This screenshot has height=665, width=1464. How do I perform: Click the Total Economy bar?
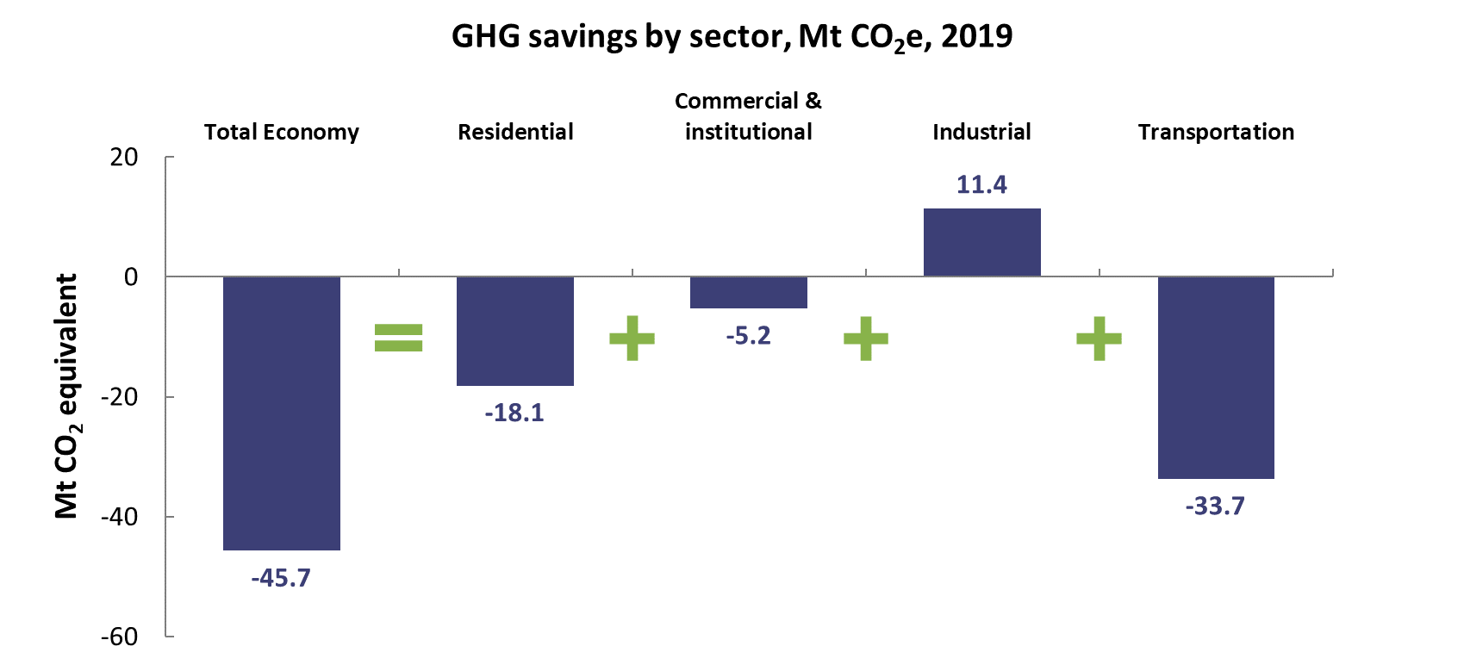pyautogui.click(x=282, y=413)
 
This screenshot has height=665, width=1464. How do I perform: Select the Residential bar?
pyautogui.click(x=515, y=331)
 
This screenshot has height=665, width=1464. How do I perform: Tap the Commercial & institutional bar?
pyautogui.click(x=749, y=292)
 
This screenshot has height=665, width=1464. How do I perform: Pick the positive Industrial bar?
pyautogui.click(x=982, y=242)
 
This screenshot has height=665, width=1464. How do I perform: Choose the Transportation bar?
pyautogui.click(x=1216, y=377)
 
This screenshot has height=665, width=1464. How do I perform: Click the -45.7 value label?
pyautogui.click(x=281, y=578)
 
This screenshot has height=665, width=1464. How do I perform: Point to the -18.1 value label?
pyautogui.click(x=514, y=413)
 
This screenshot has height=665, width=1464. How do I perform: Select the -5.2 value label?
pyautogui.click(x=748, y=336)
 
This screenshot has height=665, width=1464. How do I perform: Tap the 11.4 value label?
pyautogui.click(x=981, y=185)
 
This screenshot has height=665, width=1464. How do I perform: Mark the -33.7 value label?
pyautogui.click(x=1215, y=507)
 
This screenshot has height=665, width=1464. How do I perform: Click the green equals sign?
pyautogui.click(x=399, y=338)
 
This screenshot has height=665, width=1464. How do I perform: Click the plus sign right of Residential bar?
pyautogui.click(x=632, y=338)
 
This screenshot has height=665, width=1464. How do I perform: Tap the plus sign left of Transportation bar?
pyautogui.click(x=1099, y=338)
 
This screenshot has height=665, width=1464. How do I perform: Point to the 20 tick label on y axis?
pyautogui.click(x=124, y=158)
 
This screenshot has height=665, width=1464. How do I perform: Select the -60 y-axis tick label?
pyautogui.click(x=119, y=637)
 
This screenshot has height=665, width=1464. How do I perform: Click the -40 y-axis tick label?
pyautogui.click(x=119, y=517)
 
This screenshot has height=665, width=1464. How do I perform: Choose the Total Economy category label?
pyautogui.click(x=282, y=132)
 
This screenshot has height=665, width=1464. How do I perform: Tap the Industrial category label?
pyautogui.click(x=981, y=132)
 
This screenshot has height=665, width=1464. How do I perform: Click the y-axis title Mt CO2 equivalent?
pyautogui.click(x=66, y=396)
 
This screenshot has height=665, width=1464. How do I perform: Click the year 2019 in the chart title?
pyautogui.click(x=976, y=36)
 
